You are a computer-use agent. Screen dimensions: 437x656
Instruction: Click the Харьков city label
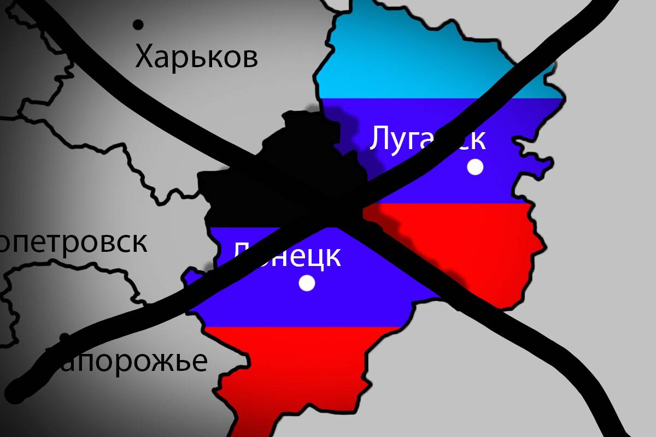196,57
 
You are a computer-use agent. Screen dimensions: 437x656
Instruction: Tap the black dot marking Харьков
138,25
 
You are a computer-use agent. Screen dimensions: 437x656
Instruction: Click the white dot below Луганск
476,167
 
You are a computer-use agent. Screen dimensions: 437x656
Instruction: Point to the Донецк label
288,256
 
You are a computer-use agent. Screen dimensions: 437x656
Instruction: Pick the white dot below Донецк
307,283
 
